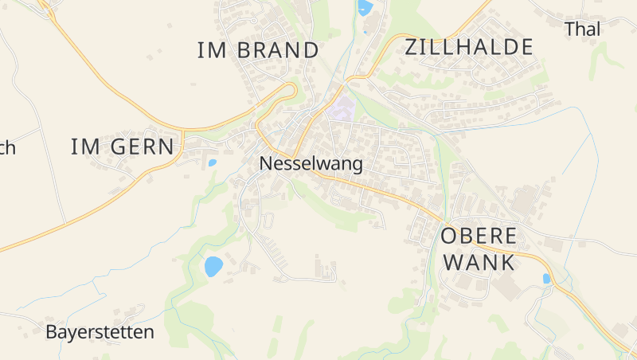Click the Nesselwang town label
coord(311,165)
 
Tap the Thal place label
coord(582,29)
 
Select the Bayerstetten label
coord(100,332)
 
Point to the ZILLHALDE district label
coord(468,47)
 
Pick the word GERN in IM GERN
coord(143,147)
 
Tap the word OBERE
coord(479,236)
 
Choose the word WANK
coord(479,262)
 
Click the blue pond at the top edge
coord(365,8)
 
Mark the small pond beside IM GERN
coord(212,162)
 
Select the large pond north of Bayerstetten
coord(213,266)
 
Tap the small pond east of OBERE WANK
coord(546,279)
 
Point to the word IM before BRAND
coord(212,50)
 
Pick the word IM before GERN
coord(86,147)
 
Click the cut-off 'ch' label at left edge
coord(6,148)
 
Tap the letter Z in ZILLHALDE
coord(412,47)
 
